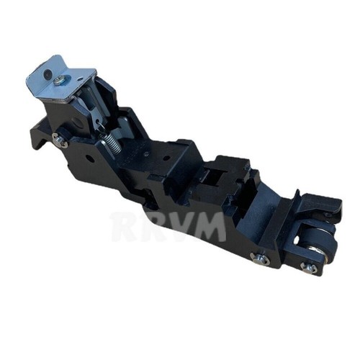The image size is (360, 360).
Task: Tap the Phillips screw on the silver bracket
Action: click(x=59, y=81)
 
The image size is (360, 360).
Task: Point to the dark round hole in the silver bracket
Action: click(x=48, y=73)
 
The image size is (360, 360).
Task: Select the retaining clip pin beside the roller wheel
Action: click(x=309, y=267)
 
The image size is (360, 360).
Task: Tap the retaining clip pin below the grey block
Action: click(x=260, y=258)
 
